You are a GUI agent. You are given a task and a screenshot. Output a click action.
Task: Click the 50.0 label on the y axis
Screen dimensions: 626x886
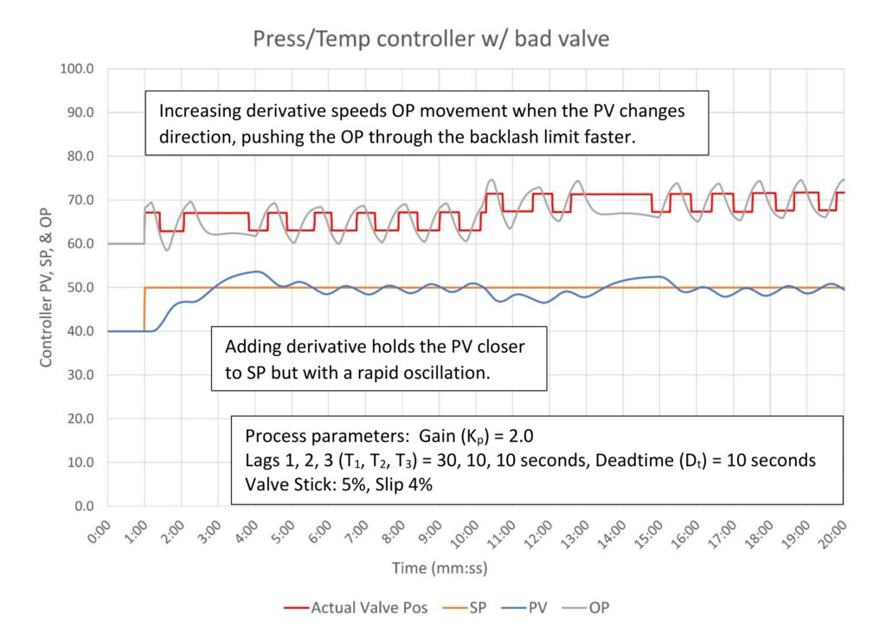tap(80, 287)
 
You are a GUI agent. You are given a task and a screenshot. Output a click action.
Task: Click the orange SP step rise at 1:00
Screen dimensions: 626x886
tap(144, 310)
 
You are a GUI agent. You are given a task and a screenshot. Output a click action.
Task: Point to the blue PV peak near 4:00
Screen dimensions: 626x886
tap(255, 271)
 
